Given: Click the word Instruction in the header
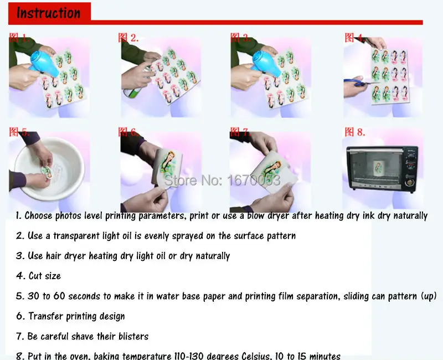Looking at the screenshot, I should pyautogui.click(x=48, y=12).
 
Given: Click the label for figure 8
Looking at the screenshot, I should pyautogui.click(x=355, y=132).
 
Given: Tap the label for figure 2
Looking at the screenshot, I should pyautogui.click(x=128, y=38).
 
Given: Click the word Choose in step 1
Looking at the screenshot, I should pyautogui.click(x=39, y=215).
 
